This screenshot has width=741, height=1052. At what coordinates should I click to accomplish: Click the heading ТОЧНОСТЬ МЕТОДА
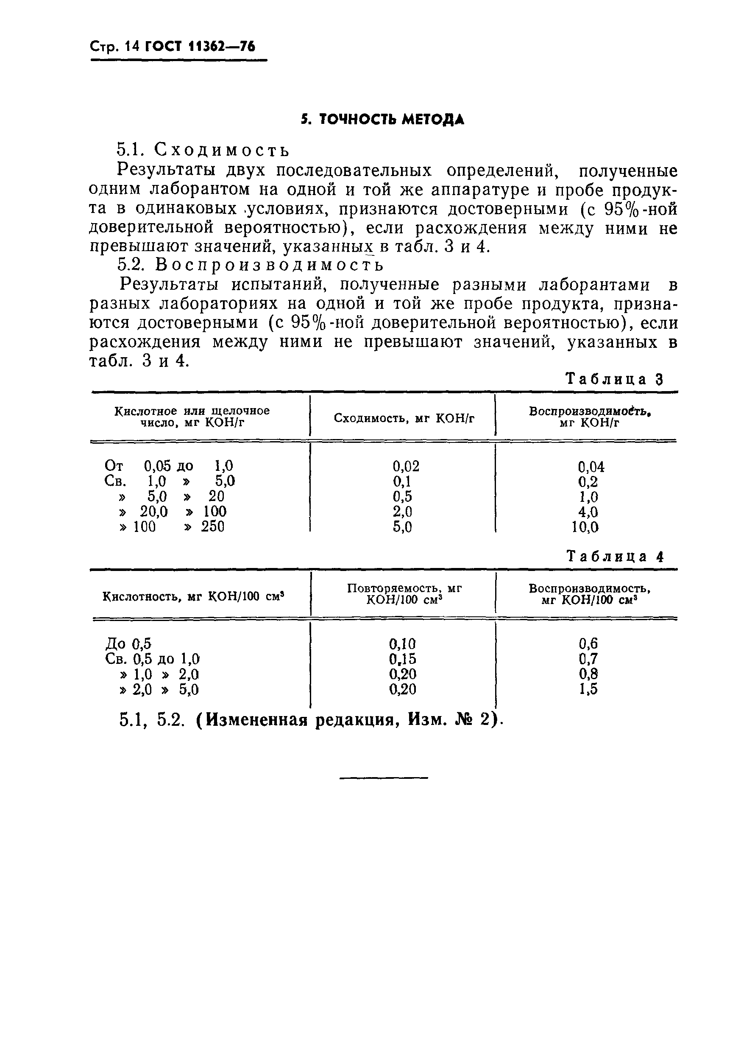coord(383,120)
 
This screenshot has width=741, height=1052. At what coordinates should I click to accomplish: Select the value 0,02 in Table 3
coord(406,467)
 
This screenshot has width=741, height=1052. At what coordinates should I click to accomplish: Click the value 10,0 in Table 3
coord(585,527)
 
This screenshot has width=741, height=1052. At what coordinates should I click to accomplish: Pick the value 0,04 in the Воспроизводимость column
coord(591,467)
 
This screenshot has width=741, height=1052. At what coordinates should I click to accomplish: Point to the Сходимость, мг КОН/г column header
coord(404,418)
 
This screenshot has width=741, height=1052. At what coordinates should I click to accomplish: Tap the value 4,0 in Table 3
coord(588,512)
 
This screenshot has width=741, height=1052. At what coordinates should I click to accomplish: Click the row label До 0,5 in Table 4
coord(128,644)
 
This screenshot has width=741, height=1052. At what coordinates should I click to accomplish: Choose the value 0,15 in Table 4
coord(403,659)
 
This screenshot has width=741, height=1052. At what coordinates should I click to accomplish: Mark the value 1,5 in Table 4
coord(588,689)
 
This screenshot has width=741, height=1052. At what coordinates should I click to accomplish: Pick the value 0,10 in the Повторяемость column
coord(403,644)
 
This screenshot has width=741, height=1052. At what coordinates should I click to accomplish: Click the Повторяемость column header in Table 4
coord(404,594)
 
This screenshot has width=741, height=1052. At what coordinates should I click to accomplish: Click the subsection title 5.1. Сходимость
coord(203,150)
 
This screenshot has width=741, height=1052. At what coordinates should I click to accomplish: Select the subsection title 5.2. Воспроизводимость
coord(251,265)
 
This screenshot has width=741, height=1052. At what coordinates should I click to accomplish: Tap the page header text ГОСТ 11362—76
coord(200,47)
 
